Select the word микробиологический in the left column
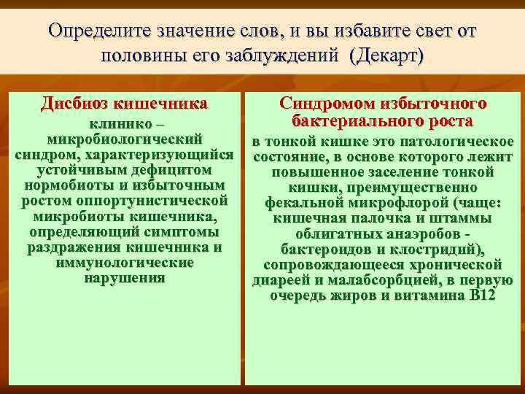[x=123, y=139]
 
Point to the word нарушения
[x=123, y=278]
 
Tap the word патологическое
[x=456, y=141]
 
